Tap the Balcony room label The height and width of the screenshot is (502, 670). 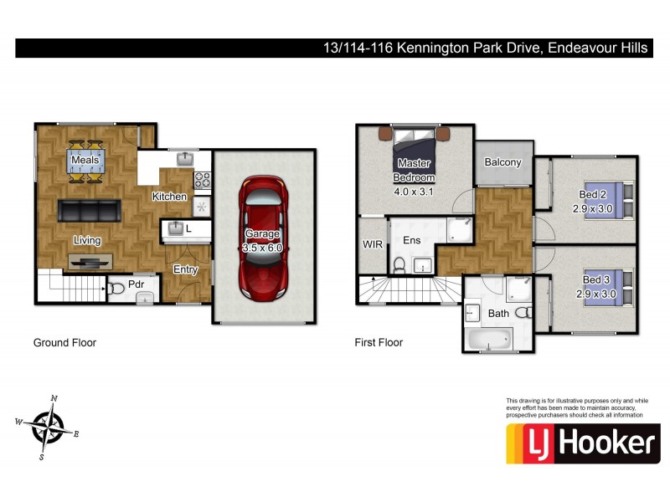[x=502, y=162]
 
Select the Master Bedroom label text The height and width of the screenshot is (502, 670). [x=415, y=170]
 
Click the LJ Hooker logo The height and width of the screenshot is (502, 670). [x=583, y=443]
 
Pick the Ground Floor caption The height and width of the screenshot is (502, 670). [x=64, y=342]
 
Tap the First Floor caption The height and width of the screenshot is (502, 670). [x=379, y=342]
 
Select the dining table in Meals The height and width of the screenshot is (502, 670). [x=86, y=160]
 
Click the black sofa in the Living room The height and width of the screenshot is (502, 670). [x=90, y=211]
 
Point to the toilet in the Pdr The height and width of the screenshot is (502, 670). [x=117, y=289]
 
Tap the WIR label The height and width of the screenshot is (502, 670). [x=372, y=244]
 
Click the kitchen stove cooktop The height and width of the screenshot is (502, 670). [x=202, y=178]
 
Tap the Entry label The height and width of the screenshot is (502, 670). [x=185, y=269]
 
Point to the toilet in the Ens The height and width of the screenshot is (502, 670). [x=399, y=265]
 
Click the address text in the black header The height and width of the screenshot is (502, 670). [x=486, y=48]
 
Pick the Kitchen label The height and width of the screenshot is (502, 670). [x=168, y=197]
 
